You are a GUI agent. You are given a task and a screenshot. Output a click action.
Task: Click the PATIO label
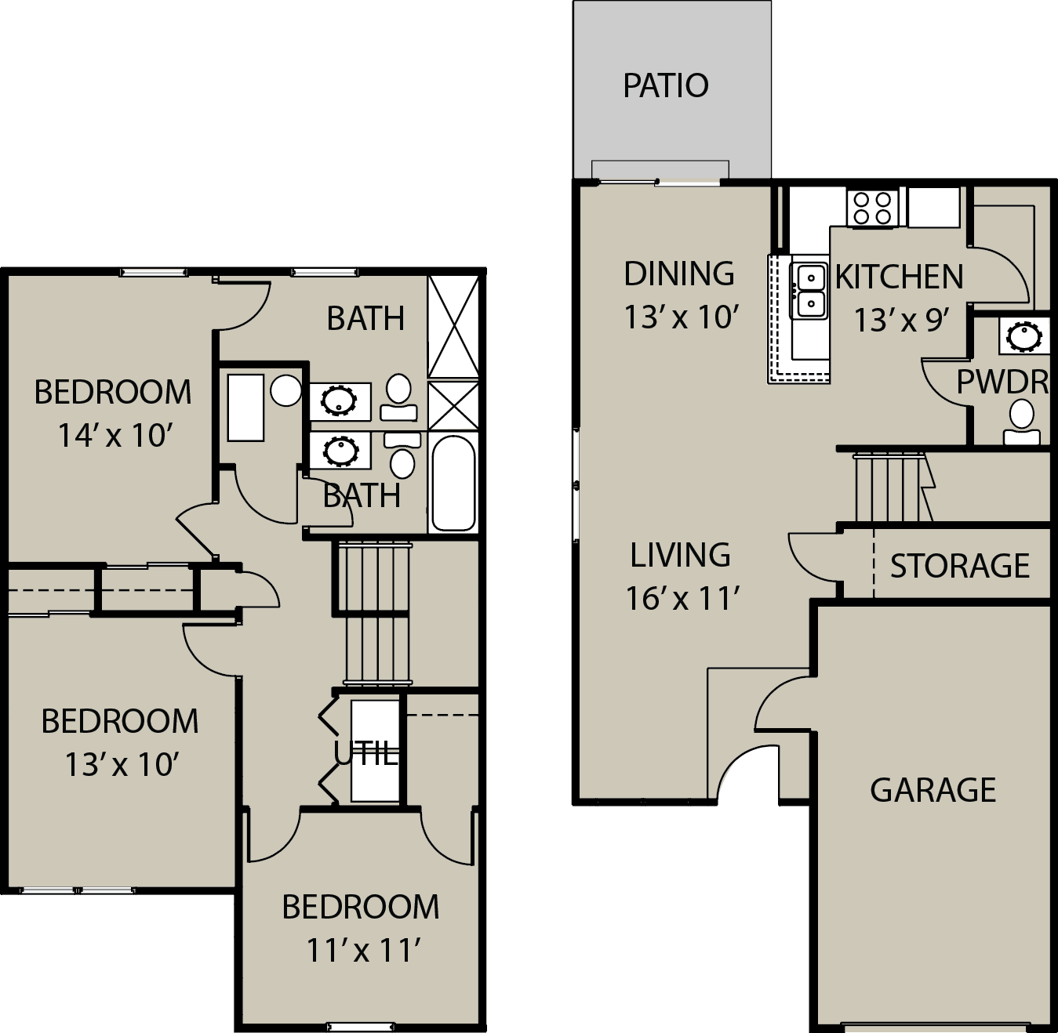tap(665, 86)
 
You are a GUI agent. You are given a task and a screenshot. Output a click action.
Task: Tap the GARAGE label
tap(933, 790)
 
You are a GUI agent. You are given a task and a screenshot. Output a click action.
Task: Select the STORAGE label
tap(960, 566)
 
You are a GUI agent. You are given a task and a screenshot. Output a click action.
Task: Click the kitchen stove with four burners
tap(872, 208)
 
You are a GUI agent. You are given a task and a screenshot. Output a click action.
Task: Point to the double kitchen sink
tap(809, 290)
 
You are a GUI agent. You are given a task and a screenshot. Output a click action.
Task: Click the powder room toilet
tap(1021, 423)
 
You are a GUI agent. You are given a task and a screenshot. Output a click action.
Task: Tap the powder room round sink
tap(1024, 335)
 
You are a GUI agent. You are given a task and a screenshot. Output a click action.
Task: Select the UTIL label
tap(366, 754)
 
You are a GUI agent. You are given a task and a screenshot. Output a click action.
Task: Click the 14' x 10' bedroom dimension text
tap(115, 435)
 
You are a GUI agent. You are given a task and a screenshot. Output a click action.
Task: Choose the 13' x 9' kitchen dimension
tap(902, 320)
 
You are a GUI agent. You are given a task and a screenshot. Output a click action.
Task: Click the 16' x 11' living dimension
tap(682, 598)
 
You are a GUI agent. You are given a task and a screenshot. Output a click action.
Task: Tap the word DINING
tap(679, 274)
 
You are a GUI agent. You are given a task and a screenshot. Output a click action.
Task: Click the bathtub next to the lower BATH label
tap(453, 482)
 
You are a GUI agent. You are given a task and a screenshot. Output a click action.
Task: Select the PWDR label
tap(1002, 382)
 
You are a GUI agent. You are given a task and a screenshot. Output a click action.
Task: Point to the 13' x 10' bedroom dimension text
tap(122, 764)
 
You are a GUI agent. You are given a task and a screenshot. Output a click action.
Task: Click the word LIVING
tap(680, 555)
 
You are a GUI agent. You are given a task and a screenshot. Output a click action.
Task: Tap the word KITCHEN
tap(900, 277)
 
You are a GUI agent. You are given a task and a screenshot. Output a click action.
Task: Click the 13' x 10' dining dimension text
tap(681, 317)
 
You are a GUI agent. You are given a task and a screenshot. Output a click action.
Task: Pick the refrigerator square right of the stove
tap(933, 207)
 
